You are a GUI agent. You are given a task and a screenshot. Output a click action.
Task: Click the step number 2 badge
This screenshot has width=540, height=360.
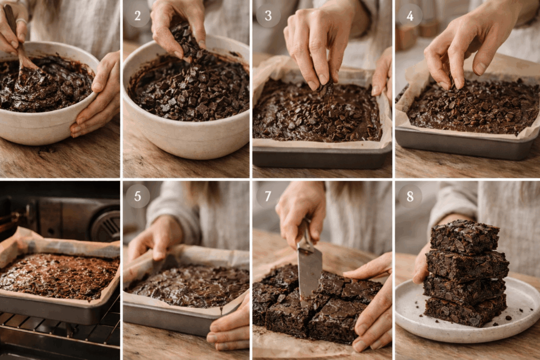138,15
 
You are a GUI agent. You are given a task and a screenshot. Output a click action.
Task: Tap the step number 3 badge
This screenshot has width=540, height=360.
268,15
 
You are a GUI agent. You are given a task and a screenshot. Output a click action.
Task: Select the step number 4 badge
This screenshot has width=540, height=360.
410,15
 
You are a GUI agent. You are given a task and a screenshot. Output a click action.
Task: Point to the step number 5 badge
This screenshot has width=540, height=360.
138,196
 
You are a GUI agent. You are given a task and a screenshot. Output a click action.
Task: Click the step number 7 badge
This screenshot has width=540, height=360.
268,196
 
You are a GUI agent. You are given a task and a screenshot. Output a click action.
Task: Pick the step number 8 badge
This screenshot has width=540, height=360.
410,196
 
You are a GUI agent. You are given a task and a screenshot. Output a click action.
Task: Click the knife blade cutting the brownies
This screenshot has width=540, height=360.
309,274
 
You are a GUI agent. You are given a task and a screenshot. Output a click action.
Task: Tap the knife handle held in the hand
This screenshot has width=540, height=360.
305,232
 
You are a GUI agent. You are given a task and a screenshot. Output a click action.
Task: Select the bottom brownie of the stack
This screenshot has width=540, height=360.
464,311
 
